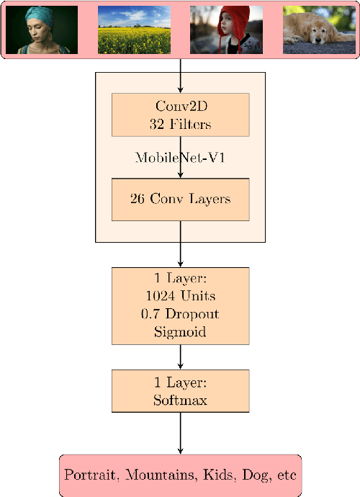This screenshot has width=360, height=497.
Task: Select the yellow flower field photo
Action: tap(134, 30)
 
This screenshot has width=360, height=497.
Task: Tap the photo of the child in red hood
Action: tap(226, 30)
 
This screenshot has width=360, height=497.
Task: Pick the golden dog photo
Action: tap(319, 30)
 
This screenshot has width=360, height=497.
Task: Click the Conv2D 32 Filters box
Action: tap(180, 115)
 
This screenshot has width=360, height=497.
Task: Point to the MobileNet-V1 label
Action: tap(180, 158)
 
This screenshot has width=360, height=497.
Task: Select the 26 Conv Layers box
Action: tap(180, 200)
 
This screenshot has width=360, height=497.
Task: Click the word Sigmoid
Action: tap(180, 333)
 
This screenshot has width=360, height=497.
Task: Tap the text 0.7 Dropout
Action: tap(180, 314)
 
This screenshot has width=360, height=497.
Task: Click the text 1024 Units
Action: tap(180, 296)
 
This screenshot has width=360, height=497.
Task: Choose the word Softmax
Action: tap(180, 400)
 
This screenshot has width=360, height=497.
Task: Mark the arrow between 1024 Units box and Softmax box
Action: tap(180, 357)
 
